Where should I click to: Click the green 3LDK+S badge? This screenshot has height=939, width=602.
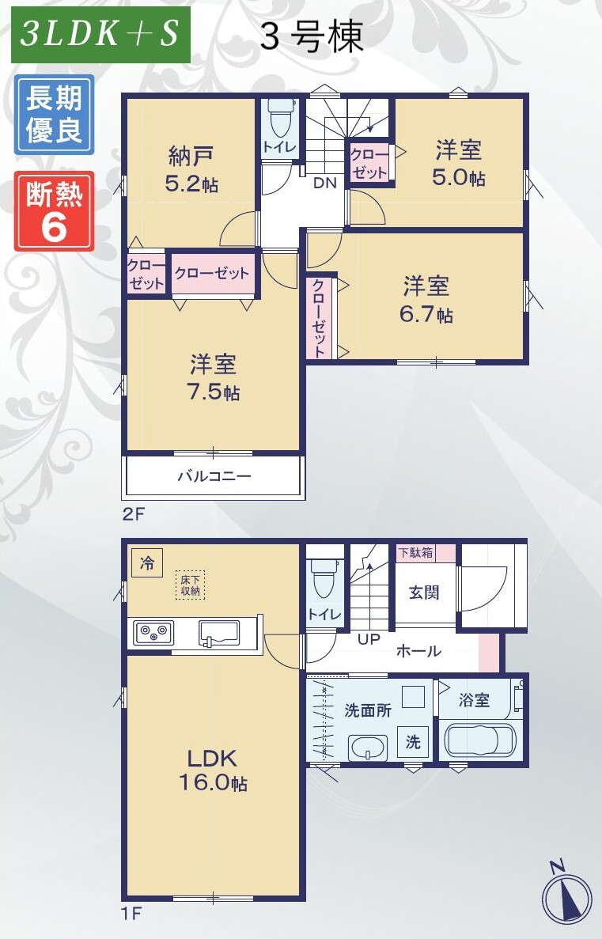point(100,35)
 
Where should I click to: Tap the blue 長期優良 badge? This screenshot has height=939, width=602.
point(54,114)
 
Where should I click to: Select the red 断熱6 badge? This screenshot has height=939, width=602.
point(54,210)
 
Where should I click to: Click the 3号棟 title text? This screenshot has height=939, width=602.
point(312,36)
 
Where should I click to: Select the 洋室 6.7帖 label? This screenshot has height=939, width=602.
point(426,300)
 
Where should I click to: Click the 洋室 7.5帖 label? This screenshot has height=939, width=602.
point(214,377)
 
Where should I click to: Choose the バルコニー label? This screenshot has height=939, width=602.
point(214,477)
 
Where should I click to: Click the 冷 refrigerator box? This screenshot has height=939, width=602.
point(147,563)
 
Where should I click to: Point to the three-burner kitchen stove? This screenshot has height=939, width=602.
point(153,632)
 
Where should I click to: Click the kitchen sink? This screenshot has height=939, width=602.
point(219,634)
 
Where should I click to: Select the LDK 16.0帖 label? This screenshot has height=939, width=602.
point(214,770)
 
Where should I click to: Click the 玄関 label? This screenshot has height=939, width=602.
point(424,593)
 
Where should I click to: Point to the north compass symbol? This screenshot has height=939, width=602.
point(566,894)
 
